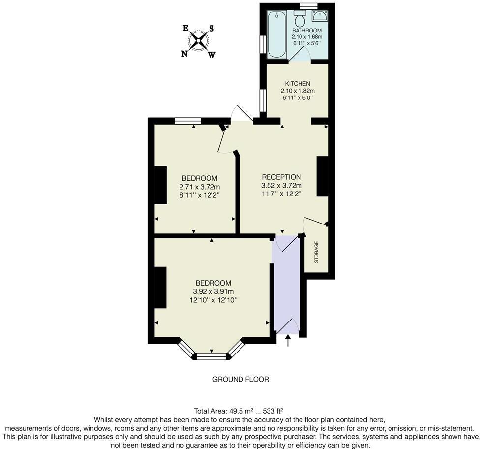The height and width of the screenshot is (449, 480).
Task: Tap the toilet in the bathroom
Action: coord(300,20)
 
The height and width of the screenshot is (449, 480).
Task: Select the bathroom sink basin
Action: coord(320,16)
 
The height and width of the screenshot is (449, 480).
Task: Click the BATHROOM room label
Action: coord(306,30)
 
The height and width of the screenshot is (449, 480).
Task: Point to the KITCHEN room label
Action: coord(297,84)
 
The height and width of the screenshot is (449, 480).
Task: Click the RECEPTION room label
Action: coord(281,177)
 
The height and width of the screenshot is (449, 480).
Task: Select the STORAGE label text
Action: coord(316,252)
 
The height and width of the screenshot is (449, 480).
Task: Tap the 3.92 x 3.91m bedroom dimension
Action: coord(213,291)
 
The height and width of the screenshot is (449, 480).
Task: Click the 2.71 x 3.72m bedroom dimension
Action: coord(199,187)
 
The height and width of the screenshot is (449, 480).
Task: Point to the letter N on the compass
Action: coord(185,54)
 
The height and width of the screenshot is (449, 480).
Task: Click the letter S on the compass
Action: coord(211,28)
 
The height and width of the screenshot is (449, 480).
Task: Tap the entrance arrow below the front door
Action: coord(287,340)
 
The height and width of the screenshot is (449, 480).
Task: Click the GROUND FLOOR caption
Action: coord(240,379)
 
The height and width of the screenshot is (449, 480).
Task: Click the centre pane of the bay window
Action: coord(211,356)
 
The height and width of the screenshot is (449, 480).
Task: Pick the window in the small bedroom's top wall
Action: coord(188,120)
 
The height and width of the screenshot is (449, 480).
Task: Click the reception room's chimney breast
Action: coord(322,177)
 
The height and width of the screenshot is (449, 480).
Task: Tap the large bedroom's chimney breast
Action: coord(160,288)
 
